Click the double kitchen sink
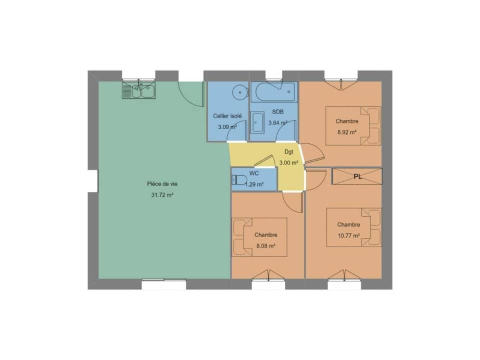(138, 90)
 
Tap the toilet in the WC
(239, 180)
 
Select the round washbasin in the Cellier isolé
(240, 92)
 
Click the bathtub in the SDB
(274, 92)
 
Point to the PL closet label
(357, 176)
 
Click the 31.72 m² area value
(162, 195)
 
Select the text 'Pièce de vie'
(162, 184)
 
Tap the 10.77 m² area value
(348, 235)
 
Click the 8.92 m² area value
(347, 132)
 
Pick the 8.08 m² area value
(265, 246)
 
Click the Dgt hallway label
(288, 152)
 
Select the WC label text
(254, 173)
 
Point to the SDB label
(278, 111)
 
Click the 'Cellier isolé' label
(227, 116)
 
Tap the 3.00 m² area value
(288, 162)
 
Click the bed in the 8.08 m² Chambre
(259, 237)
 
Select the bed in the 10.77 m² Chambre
(354, 227)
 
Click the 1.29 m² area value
(254, 184)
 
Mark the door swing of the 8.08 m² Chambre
(292, 202)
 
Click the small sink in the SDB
(257, 122)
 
